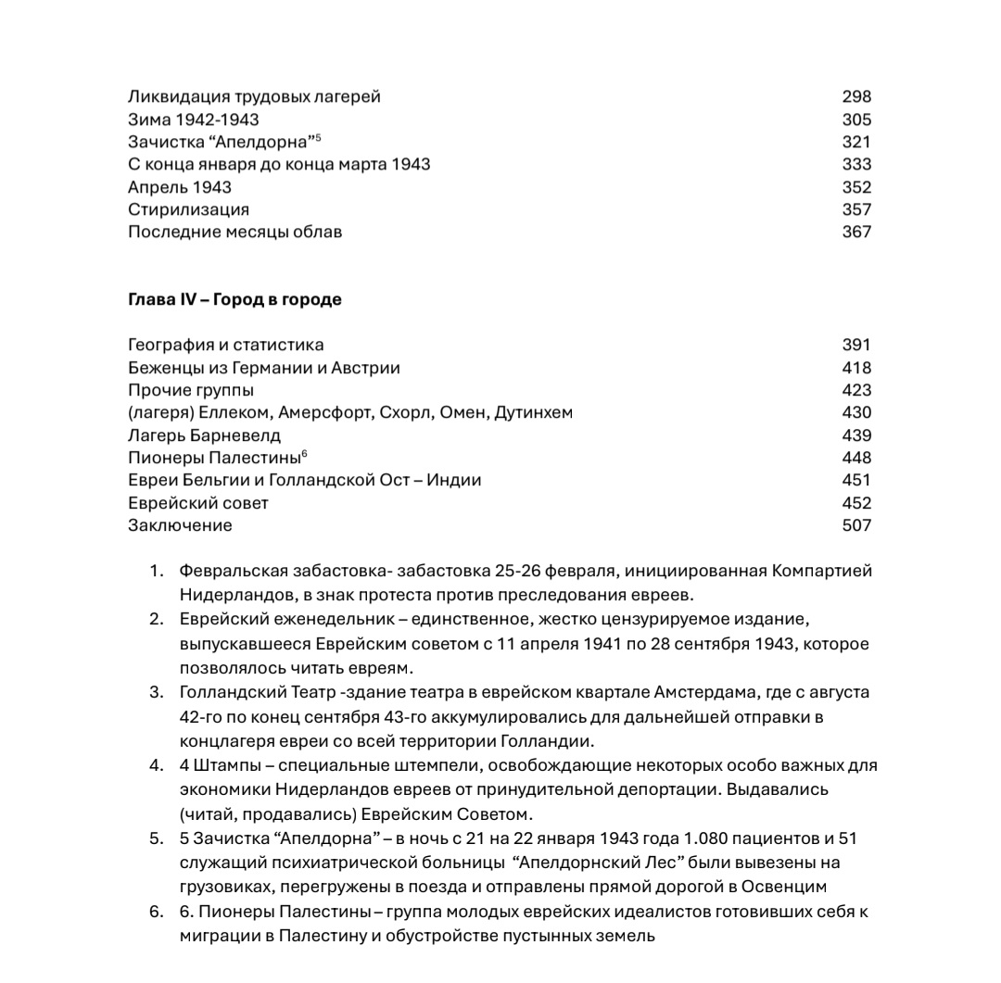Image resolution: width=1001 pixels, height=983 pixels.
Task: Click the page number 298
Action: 856,96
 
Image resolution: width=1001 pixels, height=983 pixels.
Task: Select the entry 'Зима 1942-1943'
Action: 194,120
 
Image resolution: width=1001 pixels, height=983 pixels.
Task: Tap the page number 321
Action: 856,142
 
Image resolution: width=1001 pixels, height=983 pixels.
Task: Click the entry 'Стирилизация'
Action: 188,209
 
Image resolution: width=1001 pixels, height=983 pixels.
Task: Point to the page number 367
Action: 856,232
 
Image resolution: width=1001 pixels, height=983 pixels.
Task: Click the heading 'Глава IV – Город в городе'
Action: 234,299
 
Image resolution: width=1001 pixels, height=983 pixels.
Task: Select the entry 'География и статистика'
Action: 226,345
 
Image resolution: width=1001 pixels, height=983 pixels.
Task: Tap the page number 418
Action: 856,368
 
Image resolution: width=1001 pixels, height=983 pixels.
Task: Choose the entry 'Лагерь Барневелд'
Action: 204,435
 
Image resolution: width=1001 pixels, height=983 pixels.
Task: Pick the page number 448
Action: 856,458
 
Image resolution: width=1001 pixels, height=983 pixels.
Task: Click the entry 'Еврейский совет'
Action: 198,503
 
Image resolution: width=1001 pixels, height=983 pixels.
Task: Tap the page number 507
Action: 856,525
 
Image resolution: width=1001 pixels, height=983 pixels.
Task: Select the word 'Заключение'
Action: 180,525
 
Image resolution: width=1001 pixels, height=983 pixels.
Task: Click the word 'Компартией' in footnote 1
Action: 821,571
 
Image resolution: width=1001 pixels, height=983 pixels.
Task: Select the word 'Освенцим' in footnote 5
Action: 783,887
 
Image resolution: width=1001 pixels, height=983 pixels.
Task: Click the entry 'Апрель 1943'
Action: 180,187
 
